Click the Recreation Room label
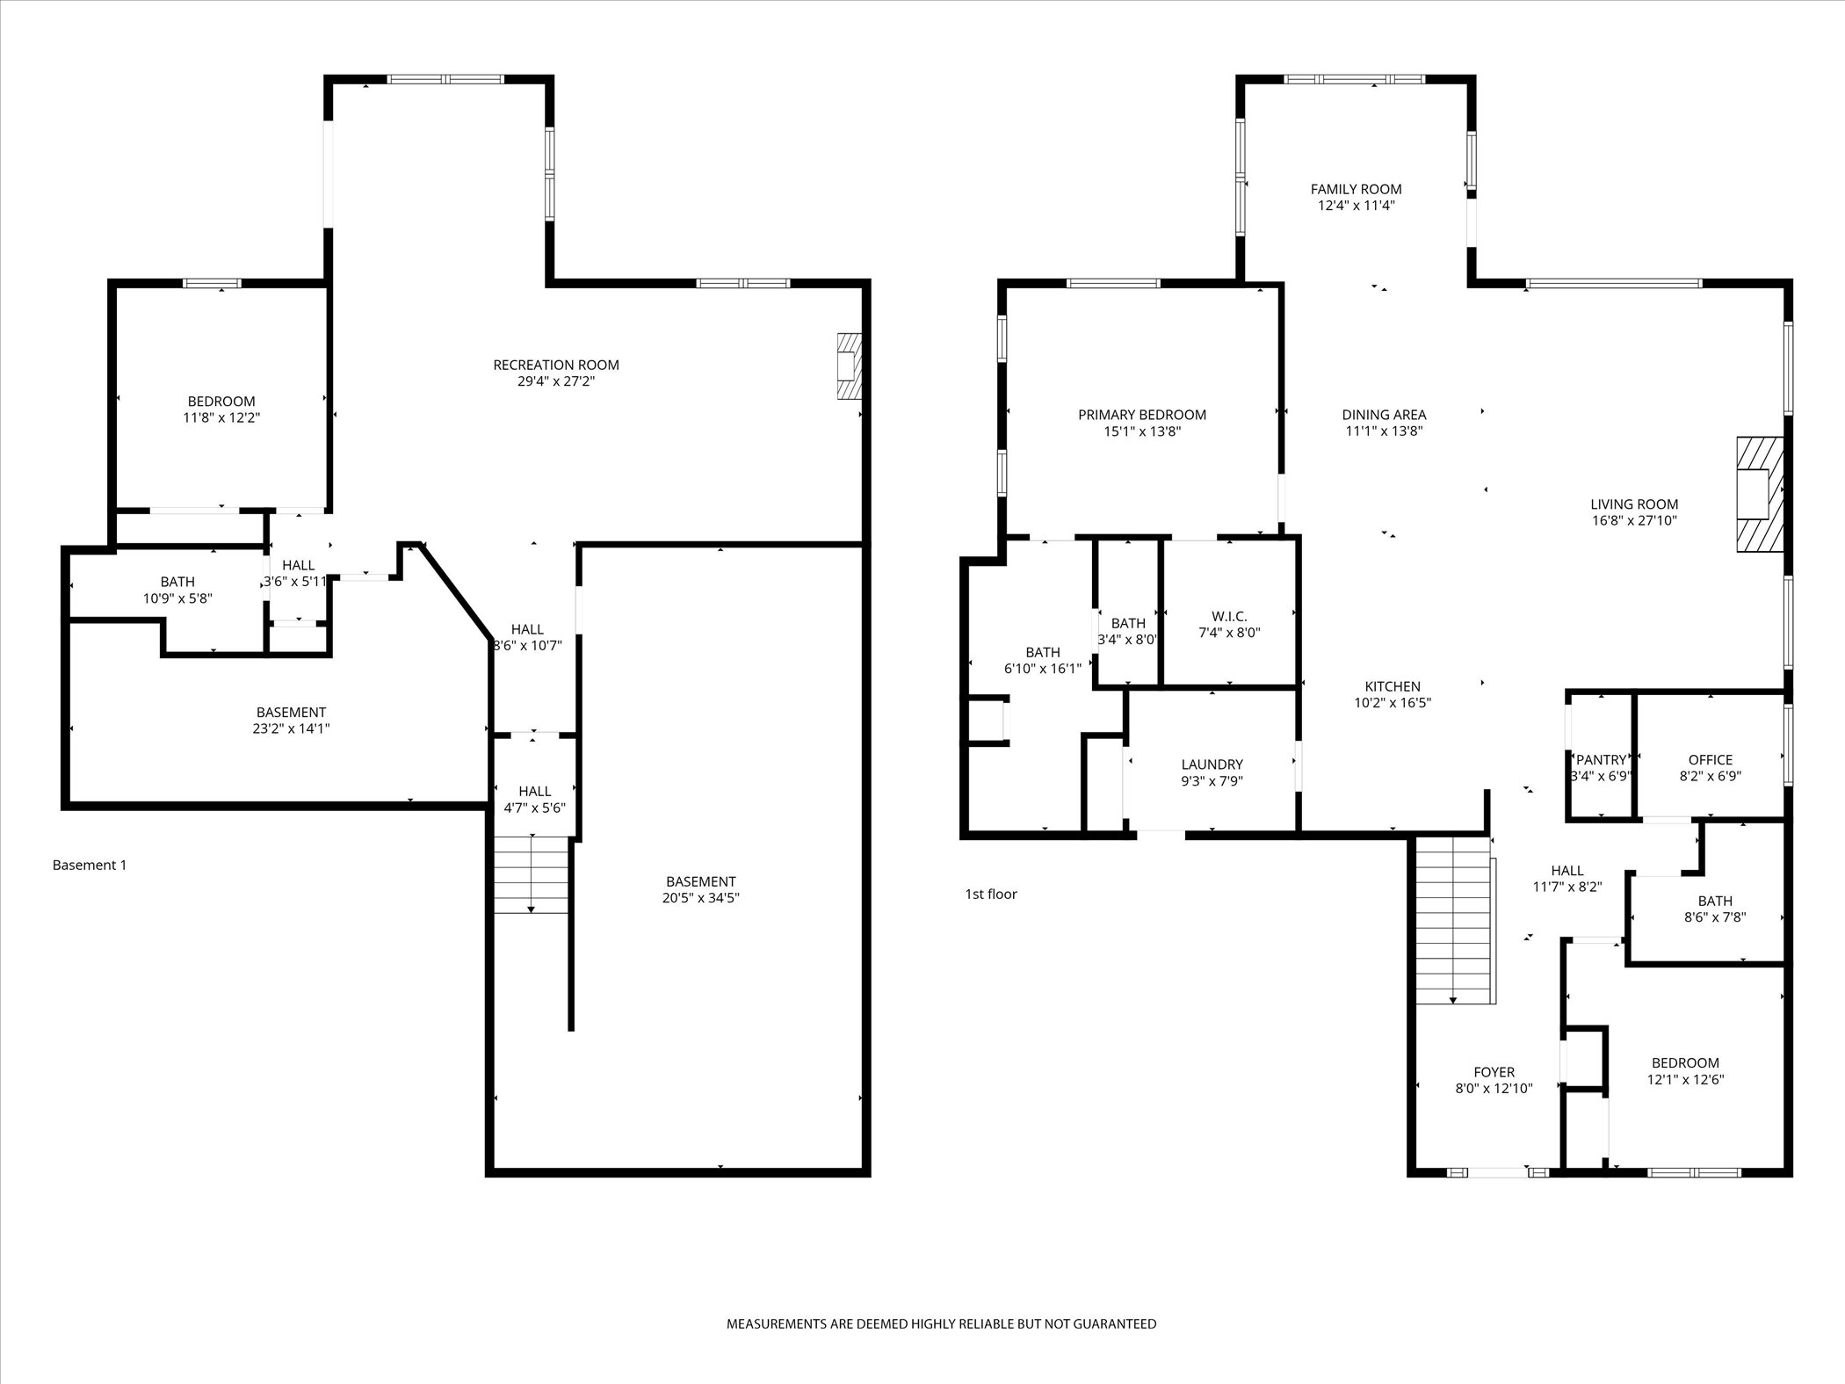(555, 365)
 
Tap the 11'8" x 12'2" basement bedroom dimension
(221, 418)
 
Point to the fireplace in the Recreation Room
(849, 366)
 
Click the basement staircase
(531, 874)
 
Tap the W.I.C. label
(1229, 616)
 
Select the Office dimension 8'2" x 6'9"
(1710, 777)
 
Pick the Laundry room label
(1212, 764)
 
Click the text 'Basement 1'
(90, 865)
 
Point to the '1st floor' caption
(990, 895)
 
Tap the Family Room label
(1356, 189)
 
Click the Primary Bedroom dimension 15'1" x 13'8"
(1141, 431)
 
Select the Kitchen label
(1392, 686)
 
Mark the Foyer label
(1494, 1072)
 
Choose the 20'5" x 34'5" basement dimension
(700, 898)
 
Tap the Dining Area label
(1384, 415)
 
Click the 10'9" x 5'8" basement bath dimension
(177, 598)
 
